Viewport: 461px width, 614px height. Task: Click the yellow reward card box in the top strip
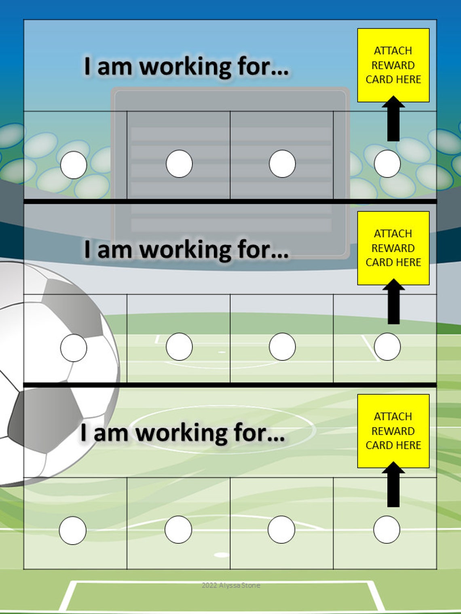(393, 65)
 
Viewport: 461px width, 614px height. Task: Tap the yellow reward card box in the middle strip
(393, 248)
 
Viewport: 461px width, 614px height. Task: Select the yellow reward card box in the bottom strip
(393, 431)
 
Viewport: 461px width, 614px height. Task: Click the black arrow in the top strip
(393, 119)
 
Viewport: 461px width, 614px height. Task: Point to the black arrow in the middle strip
(393, 302)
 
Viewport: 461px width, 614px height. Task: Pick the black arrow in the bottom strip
(393, 485)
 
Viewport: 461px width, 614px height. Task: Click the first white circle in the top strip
(74, 165)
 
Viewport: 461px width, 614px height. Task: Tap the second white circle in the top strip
(179, 164)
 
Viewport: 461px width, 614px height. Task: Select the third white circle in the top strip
(282, 164)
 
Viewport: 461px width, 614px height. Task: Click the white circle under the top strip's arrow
(387, 164)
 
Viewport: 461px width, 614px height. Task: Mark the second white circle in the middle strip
(179, 347)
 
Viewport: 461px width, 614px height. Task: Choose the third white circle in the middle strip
(282, 347)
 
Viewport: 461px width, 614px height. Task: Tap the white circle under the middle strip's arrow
(387, 347)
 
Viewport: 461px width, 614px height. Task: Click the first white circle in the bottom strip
(73, 530)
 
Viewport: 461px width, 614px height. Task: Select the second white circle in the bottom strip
(178, 529)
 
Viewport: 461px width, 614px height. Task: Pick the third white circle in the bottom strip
(281, 529)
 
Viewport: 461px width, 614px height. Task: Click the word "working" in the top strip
(186, 67)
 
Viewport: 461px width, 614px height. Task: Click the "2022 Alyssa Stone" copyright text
(231, 585)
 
